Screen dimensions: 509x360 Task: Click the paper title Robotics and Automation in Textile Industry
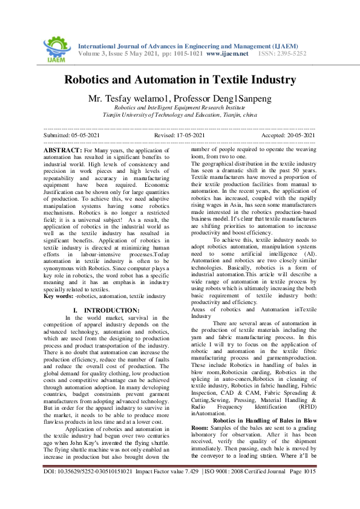coord(180,80)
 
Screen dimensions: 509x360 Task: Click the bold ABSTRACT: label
coord(62,149)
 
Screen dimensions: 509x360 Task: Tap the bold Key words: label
coord(59,297)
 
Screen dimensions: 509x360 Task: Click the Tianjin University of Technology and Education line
coord(180,114)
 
